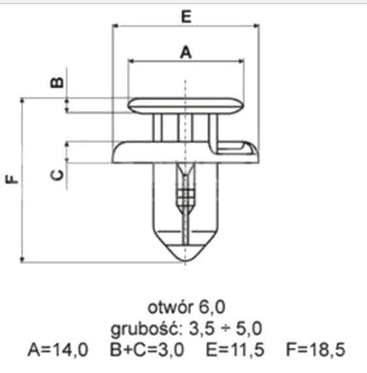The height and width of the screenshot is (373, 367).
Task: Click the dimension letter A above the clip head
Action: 186,51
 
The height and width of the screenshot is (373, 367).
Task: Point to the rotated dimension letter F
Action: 11,179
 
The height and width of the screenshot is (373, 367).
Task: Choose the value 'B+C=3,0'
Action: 149,350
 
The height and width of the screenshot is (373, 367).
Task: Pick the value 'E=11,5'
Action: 235,350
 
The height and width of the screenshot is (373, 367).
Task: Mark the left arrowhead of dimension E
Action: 115,28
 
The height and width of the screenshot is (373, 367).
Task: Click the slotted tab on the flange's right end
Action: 242,151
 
